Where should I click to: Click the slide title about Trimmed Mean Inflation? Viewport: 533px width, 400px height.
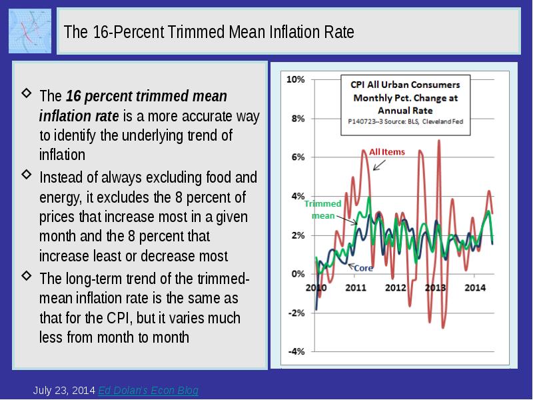coord(209,32)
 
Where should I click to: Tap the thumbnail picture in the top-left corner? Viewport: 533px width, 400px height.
coord(30,31)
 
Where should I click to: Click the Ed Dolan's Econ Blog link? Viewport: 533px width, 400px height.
coord(148,391)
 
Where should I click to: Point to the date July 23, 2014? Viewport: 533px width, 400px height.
coord(64,391)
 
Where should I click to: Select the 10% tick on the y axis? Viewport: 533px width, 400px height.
coord(295,79)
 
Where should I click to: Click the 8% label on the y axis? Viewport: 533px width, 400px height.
coord(297,119)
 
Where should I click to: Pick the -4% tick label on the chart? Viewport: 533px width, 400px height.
coord(296,351)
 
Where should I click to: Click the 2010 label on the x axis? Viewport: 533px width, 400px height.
coord(315,288)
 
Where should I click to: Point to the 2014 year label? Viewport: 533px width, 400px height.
coord(474,288)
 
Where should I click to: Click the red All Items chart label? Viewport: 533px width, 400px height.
coord(387,152)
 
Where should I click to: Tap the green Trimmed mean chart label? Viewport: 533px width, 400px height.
coord(324,209)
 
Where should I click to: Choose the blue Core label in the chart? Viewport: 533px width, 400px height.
coord(362,268)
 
